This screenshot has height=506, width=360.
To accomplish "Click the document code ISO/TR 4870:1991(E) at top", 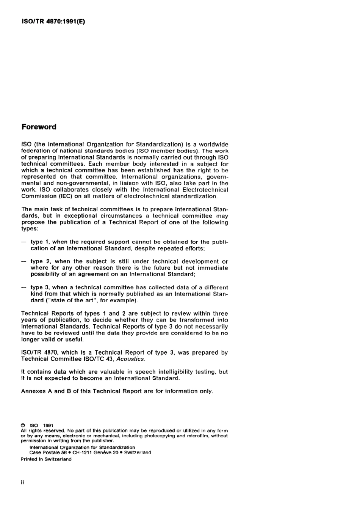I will tap(53, 21).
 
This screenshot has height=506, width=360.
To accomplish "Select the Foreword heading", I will tap(39, 127).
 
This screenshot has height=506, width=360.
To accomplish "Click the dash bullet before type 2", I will tap(24, 262).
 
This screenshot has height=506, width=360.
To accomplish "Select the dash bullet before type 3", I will tap(24, 288).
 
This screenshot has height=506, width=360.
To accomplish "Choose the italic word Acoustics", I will tap(130, 359).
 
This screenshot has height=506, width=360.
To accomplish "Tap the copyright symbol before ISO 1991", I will tap(23, 426).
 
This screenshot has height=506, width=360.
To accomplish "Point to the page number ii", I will tap(23, 483).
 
